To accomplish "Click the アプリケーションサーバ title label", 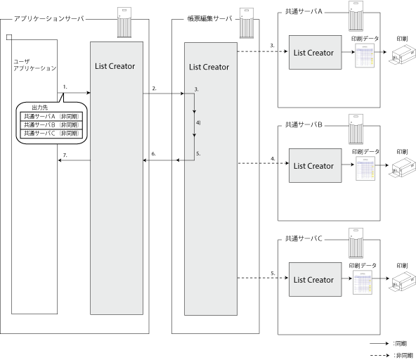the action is pos(48,18).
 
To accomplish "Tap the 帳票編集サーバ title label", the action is pos(210,18).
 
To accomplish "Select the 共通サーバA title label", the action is pos(304,11).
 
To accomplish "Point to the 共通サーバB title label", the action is pos(304,124).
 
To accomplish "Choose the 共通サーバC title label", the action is pos(304,238).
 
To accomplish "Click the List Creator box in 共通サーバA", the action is pos(316,52).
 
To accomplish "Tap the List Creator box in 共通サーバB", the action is pos(316,165).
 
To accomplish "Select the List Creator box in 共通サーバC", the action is pos(316,279).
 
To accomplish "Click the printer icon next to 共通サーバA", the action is pos(402,54).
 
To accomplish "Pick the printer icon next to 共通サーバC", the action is pos(402,281).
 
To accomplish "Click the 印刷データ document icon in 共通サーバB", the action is pos(365,168).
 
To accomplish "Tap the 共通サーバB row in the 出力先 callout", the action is pos(51,124).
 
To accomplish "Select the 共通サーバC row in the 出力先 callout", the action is pos(51,134).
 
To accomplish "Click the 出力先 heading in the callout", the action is pos(40,108).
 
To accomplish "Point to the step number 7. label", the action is pos(65,155).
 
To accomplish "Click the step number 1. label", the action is pos(65,86).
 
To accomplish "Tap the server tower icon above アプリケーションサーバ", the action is pos(124,22).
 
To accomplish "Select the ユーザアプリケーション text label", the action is pos(34,65).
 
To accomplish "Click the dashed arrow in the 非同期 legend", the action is pos(379,355).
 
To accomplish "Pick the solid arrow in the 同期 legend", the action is pos(379,344).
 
